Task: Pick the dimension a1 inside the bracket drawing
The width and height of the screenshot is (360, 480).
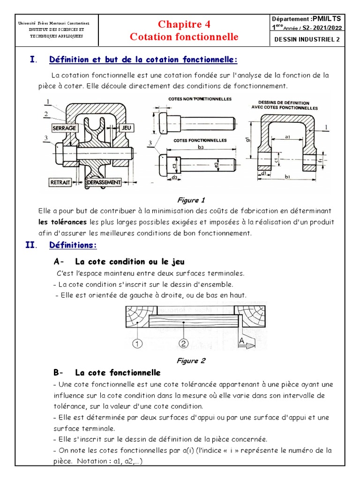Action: coord(287,136)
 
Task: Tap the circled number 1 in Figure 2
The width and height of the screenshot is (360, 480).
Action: coord(137,344)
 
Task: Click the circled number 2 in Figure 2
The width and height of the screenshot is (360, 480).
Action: coord(183,344)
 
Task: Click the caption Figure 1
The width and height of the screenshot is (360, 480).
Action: coord(190,200)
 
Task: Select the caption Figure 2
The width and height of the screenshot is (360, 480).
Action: coord(190,361)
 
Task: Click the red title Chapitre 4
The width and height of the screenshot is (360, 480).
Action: coord(184,24)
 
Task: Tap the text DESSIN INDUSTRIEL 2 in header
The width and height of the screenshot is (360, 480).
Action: coord(307,39)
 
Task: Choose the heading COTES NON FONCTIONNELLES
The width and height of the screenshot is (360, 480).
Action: coord(200,99)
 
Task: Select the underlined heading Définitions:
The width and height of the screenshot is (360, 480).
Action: coord(73,246)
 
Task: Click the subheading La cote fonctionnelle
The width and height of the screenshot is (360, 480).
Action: coord(118,373)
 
